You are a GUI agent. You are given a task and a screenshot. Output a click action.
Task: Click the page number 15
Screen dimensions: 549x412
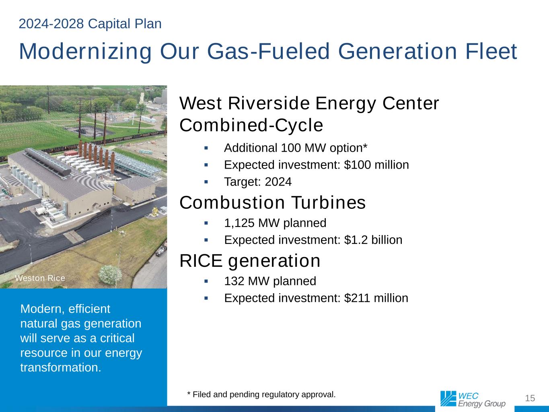coord(530,398)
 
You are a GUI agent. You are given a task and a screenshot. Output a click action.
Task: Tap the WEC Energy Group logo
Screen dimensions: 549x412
coord(473,399)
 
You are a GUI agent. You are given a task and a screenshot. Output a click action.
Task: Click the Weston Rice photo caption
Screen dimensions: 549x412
coord(40,278)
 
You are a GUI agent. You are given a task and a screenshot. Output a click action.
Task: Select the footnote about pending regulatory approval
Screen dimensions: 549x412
coord(261,394)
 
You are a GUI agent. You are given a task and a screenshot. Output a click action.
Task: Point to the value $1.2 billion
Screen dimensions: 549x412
coord(373,240)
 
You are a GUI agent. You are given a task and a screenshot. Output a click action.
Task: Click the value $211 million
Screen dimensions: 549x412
coord(376,298)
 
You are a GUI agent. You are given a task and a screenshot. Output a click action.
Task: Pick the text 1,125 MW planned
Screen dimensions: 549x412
coord(275,223)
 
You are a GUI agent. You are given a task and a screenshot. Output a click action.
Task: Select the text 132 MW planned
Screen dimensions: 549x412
coord(270,281)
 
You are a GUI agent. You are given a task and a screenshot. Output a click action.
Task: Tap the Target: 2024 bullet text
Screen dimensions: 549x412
coord(258,181)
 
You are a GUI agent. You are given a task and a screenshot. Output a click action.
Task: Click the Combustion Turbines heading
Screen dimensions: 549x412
coord(273,202)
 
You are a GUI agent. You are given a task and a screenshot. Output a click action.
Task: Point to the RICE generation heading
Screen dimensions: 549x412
coord(250,261)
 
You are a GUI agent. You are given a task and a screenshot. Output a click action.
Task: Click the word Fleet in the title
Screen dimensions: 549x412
coord(491,51)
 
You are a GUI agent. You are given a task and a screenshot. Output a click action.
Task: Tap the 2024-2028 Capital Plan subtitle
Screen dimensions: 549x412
coord(90,24)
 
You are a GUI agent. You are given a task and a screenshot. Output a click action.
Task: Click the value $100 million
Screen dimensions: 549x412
coord(376,165)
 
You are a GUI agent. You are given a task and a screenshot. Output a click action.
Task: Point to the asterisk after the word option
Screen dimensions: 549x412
coord(365,145)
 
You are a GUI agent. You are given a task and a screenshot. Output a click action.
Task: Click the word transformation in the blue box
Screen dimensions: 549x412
coord(60,367)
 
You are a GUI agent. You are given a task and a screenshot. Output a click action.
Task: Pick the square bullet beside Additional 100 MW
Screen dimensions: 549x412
coord(206,148)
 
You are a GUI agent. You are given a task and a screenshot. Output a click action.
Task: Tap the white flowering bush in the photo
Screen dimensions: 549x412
coord(110,275)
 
